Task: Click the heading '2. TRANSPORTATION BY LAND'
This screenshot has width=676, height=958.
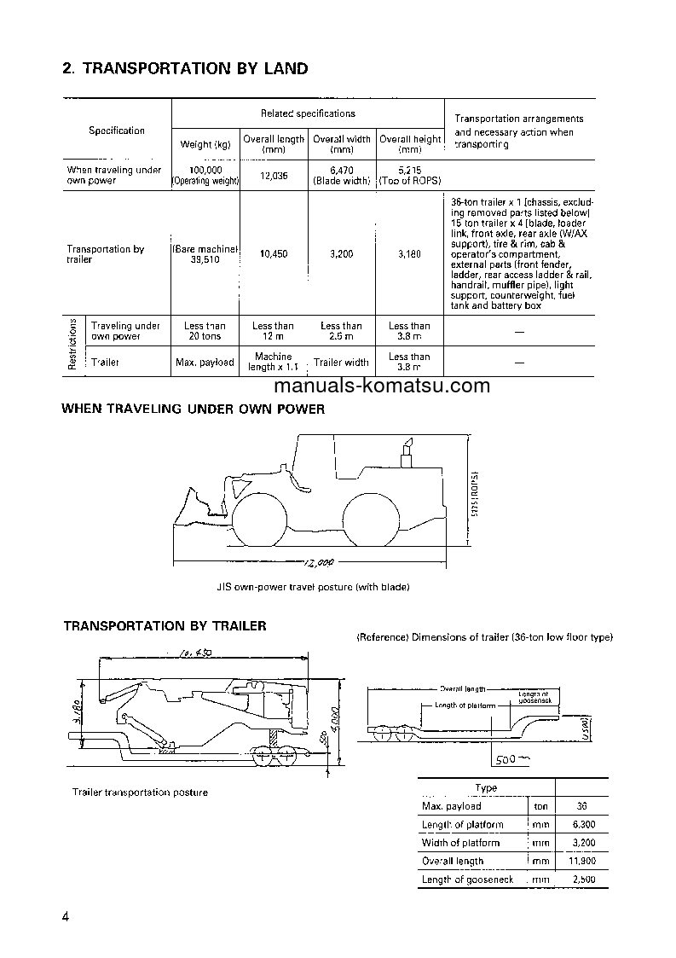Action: point(185,68)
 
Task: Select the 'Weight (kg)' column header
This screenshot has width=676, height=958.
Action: point(205,143)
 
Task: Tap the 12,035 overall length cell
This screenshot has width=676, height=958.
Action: point(273,176)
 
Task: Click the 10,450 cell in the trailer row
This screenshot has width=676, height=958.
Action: point(273,254)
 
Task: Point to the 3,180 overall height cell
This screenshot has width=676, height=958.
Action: point(409,254)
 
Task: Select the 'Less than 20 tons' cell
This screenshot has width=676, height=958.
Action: point(205,331)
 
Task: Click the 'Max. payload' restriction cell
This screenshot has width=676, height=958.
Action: point(205,363)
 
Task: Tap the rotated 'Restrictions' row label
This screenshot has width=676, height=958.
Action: point(73,345)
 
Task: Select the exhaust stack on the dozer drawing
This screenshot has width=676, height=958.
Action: point(407,452)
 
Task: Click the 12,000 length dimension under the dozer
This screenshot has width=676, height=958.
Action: point(316,562)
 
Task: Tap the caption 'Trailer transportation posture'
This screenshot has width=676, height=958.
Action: point(140,793)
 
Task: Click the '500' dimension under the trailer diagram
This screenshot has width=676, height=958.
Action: point(510,758)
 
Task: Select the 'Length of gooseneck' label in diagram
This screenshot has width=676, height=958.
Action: point(536,697)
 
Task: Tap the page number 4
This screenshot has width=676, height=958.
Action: point(66,917)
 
